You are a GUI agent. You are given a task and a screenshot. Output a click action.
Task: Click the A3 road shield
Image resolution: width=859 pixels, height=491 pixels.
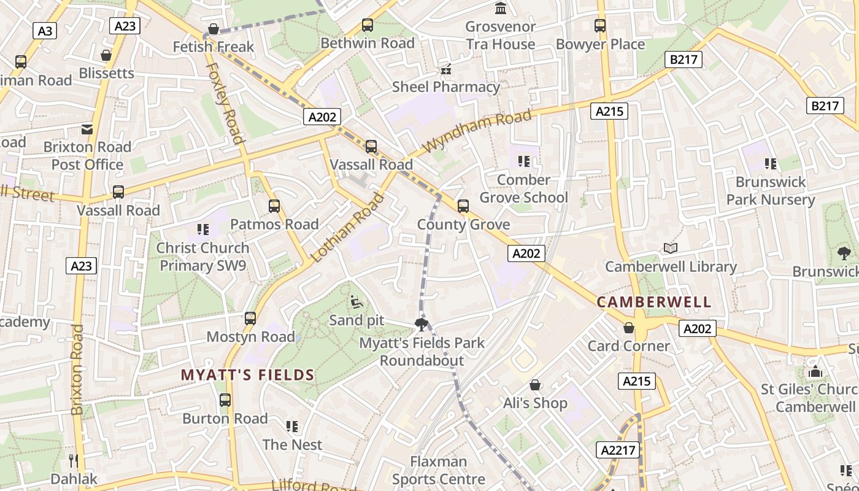(45, 31)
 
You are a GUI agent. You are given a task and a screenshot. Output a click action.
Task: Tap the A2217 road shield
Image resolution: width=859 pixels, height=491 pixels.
(618, 450)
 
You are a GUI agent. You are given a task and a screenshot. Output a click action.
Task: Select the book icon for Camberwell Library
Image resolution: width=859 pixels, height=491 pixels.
(670, 249)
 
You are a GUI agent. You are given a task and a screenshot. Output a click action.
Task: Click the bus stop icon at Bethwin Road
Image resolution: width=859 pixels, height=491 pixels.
(367, 25)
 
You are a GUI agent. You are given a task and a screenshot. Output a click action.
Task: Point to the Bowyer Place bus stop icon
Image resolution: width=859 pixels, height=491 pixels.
(600, 26)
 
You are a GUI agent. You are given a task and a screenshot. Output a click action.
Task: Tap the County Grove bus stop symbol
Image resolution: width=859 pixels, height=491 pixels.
(463, 206)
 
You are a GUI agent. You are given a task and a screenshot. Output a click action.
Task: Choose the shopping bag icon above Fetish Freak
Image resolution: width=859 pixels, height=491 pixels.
(213, 29)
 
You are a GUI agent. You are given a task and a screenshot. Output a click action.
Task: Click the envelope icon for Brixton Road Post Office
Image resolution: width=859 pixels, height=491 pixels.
(87, 130)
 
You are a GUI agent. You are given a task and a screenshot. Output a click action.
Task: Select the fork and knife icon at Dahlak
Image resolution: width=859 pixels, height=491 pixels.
(73, 460)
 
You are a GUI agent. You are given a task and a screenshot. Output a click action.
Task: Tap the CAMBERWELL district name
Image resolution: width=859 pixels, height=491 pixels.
(654, 302)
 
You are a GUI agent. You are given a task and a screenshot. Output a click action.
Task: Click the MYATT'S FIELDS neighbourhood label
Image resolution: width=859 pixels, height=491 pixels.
(247, 375)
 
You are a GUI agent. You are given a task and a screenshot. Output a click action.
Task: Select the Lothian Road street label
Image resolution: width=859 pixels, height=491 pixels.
(347, 228)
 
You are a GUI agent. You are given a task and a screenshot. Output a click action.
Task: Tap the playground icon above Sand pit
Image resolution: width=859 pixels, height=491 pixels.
(356, 302)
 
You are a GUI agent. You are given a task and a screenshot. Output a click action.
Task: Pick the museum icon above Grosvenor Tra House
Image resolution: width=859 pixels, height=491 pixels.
(501, 9)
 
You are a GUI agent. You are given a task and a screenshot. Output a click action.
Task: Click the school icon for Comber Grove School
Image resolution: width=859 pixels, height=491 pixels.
(523, 161)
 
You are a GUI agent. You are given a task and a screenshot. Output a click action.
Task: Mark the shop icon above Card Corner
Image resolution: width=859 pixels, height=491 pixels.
(628, 328)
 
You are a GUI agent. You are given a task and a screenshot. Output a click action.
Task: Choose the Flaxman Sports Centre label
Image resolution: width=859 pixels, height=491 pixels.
(438, 470)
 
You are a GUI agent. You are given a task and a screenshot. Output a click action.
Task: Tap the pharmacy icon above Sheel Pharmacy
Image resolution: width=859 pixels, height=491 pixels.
(446, 69)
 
